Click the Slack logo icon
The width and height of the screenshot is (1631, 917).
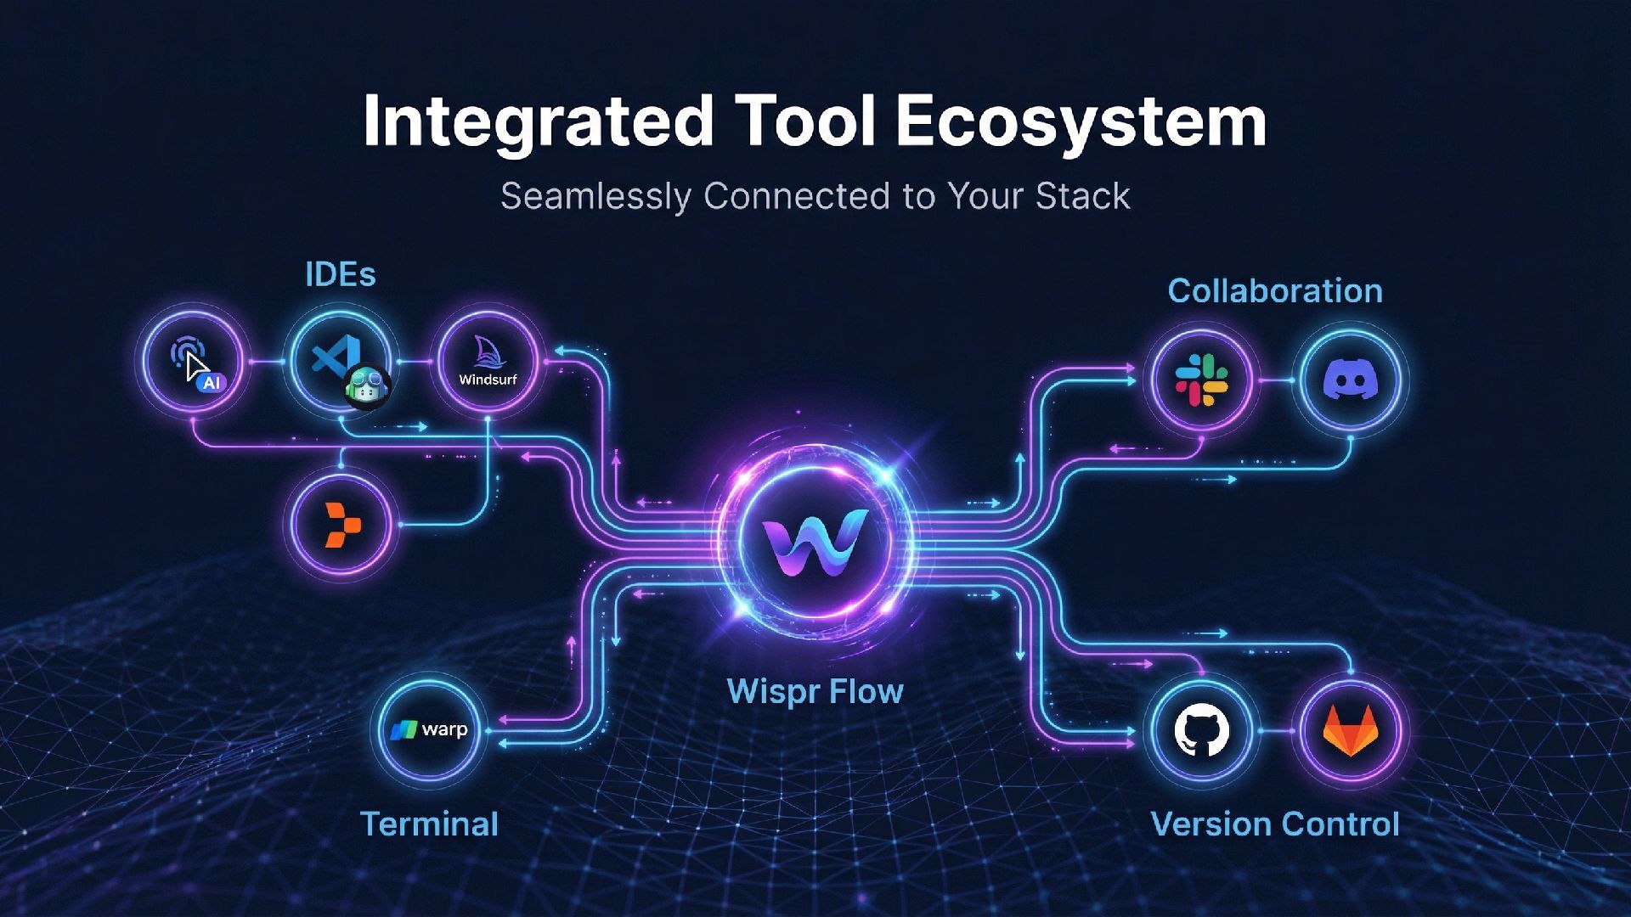(x=1201, y=380)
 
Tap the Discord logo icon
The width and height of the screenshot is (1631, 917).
(x=1350, y=380)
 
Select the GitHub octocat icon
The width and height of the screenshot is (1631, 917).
(x=1201, y=731)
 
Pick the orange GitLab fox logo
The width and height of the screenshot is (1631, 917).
(x=1350, y=730)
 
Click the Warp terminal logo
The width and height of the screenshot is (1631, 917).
(x=429, y=729)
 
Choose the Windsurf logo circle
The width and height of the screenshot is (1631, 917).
(x=488, y=363)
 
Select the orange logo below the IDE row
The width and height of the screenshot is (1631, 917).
(x=342, y=525)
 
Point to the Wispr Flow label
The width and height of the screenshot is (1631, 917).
(x=815, y=691)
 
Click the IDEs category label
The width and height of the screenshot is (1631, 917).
(x=340, y=274)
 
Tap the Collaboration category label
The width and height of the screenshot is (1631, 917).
(x=1274, y=291)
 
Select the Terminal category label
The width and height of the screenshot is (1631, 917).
(x=429, y=824)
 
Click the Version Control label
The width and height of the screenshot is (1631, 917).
(x=1274, y=824)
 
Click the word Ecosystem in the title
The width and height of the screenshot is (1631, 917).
(x=1081, y=121)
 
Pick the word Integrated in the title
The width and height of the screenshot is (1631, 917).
(x=538, y=121)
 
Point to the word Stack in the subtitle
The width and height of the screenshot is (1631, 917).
(x=1082, y=196)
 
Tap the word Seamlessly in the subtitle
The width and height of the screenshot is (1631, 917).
(x=595, y=196)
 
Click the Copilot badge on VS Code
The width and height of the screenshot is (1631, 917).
(x=368, y=387)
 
